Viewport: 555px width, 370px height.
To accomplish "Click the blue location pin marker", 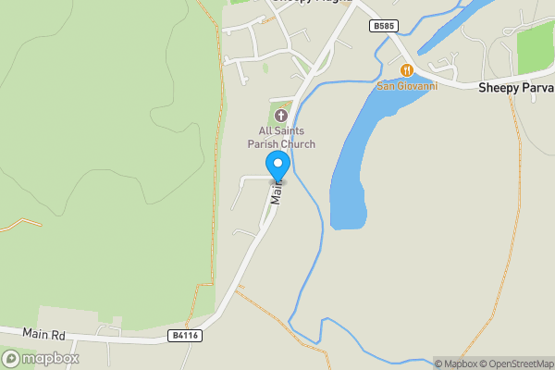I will pos(278,166).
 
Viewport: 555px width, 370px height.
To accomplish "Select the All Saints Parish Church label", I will pos(281,138).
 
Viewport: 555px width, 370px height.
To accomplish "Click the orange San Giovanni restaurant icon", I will pos(406,70).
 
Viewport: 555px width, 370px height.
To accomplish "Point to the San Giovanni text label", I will pos(406,87).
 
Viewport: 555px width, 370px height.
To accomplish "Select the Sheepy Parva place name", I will pos(515,87).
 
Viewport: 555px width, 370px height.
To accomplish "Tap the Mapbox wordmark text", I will pos(50,358).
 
